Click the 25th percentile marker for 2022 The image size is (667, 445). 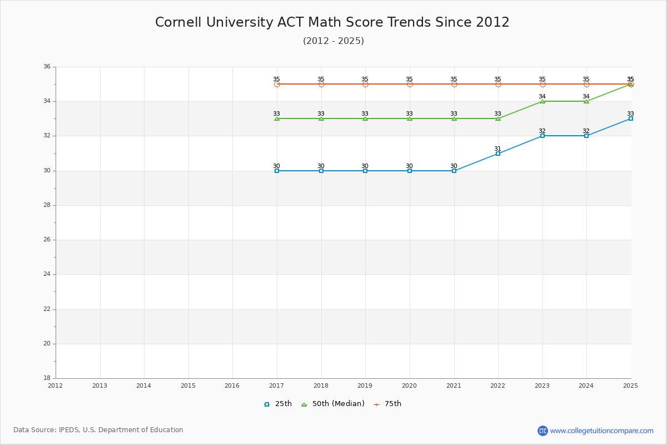498,154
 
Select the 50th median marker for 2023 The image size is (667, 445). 542,101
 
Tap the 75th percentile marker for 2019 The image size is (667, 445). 365,84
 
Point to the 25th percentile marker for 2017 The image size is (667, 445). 277,171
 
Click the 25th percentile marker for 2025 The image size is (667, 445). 631,118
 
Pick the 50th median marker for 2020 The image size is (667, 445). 410,118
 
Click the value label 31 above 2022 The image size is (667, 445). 497,149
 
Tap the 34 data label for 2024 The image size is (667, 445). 586,96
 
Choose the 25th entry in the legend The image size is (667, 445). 278,404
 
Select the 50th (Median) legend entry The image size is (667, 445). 333,404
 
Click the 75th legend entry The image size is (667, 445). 387,404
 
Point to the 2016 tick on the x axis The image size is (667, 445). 232,385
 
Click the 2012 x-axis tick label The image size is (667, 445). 55,385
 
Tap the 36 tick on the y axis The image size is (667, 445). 47,67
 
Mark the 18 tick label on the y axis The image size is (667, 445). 47,378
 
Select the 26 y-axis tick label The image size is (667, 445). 47,240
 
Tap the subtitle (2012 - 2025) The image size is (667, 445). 333,41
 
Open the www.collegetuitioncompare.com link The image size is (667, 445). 601,431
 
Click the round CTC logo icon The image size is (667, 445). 542,431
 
